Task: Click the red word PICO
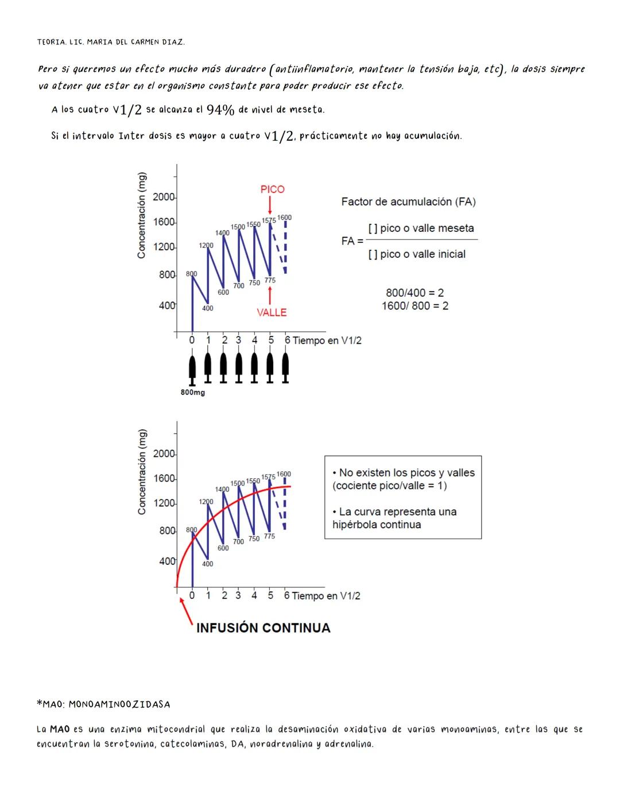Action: pyautogui.click(x=272, y=189)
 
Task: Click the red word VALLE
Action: pyautogui.click(x=272, y=312)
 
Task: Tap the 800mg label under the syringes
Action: pyautogui.click(x=193, y=393)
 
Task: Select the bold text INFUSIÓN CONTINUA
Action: pyautogui.click(x=263, y=628)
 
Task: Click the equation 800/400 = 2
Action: pyautogui.click(x=414, y=293)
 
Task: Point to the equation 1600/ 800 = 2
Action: pyautogui.click(x=415, y=306)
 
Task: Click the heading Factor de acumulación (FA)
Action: pyautogui.click(x=408, y=202)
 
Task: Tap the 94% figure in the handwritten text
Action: pyautogui.click(x=220, y=110)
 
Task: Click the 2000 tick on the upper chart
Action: pyautogui.click(x=164, y=197)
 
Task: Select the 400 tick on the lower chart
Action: pyautogui.click(x=167, y=561)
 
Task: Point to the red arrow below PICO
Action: pyautogui.click(x=270, y=206)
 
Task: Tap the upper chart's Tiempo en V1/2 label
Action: pyautogui.click(x=327, y=340)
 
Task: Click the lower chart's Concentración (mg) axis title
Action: pyautogui.click(x=142, y=472)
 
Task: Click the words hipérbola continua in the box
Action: pyautogui.click(x=377, y=525)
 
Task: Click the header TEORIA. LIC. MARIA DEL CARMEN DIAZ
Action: pyautogui.click(x=111, y=42)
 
